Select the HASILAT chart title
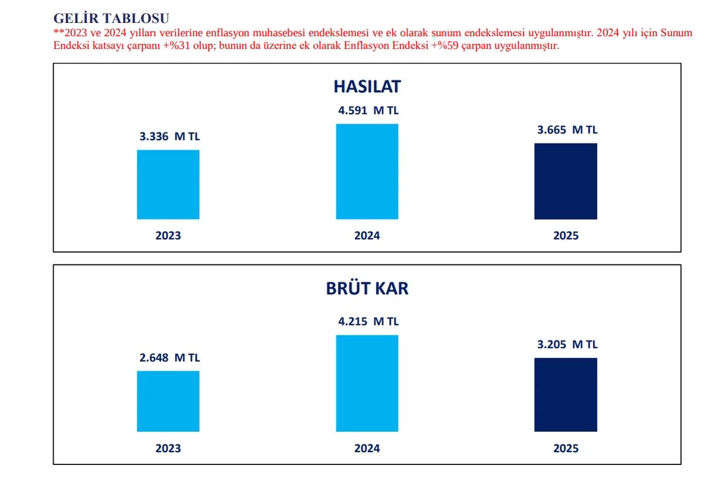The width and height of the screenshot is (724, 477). pyautogui.click(x=367, y=86)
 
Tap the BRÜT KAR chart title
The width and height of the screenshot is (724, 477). pyautogui.click(x=367, y=288)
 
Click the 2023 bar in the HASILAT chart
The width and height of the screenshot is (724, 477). pyautogui.click(x=168, y=184)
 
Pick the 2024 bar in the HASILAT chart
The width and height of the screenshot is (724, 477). pyautogui.click(x=367, y=171)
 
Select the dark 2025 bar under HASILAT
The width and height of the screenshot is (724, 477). pyautogui.click(x=565, y=181)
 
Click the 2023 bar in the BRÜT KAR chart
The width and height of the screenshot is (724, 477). pyautogui.click(x=168, y=401)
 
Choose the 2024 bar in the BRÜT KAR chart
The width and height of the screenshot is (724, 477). pyautogui.click(x=367, y=383)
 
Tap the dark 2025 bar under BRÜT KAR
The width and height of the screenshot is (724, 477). pyautogui.click(x=565, y=395)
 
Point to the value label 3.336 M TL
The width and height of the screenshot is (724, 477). pyautogui.click(x=168, y=136)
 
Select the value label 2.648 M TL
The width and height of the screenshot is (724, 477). pyautogui.click(x=168, y=357)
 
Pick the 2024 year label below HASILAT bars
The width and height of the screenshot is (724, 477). pyautogui.click(x=367, y=235)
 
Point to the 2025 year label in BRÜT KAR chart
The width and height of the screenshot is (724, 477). pyautogui.click(x=565, y=449)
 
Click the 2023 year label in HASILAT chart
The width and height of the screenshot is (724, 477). pyautogui.click(x=168, y=235)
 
